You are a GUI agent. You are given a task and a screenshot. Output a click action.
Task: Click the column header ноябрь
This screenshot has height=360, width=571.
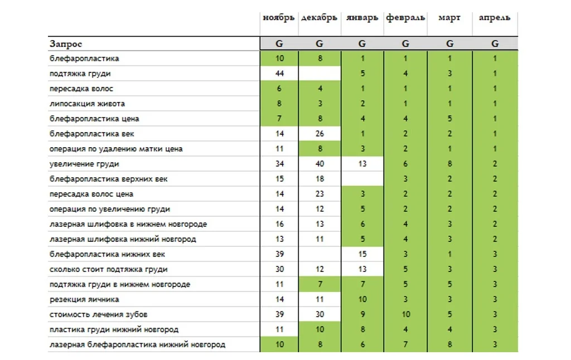point(279,18)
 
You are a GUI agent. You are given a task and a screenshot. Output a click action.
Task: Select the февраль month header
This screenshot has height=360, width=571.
point(405,18)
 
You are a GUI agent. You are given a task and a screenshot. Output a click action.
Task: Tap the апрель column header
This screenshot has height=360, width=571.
point(494,18)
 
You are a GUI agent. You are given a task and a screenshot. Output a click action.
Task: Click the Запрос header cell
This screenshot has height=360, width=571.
point(66,44)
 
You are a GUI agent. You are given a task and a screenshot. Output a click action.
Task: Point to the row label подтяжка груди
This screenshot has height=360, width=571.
point(80,74)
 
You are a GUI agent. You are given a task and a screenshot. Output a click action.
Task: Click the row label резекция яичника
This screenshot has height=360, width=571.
point(84,299)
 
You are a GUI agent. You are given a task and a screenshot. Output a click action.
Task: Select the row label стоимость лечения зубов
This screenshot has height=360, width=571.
point(99,314)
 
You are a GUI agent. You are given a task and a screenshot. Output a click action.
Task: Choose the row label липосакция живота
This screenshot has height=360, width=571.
point(87,104)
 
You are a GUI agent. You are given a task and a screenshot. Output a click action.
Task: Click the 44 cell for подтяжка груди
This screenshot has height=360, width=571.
point(279,74)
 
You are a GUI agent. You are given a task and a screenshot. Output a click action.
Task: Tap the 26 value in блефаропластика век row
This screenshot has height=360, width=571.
point(320,134)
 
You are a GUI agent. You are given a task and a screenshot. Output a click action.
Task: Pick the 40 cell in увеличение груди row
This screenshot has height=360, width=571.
point(320,164)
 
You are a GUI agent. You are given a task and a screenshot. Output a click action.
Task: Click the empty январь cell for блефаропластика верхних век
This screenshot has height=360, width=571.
point(362,179)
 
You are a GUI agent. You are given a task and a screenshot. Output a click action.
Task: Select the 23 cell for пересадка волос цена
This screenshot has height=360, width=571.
point(320,194)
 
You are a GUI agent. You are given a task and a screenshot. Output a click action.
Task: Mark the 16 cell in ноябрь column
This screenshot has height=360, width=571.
point(279,224)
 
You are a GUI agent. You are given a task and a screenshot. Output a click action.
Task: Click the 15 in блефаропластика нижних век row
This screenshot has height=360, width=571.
point(362,254)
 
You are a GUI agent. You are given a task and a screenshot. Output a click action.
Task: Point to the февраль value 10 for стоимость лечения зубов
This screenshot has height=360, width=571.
point(405,314)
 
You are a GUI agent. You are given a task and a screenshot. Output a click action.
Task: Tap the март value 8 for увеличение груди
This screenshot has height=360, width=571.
point(449,164)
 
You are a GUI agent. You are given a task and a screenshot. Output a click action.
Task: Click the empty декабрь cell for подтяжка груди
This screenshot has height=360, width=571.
point(320,74)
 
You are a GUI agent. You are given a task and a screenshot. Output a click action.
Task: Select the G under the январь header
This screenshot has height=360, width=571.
point(362,44)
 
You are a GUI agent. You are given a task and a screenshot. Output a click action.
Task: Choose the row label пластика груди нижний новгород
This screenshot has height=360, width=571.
point(114,329)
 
